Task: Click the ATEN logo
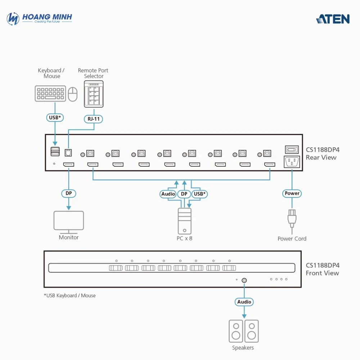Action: (x=333, y=19)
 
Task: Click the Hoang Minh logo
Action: (x=40, y=19)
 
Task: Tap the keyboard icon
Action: (x=50, y=93)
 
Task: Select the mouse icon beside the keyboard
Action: (x=73, y=94)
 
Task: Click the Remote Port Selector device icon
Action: (x=94, y=94)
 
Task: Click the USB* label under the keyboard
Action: (x=55, y=117)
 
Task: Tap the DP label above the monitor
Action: (x=68, y=193)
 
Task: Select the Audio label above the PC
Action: (x=168, y=194)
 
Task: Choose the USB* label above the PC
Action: (x=199, y=194)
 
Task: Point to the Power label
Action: (x=292, y=193)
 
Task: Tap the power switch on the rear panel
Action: (x=292, y=149)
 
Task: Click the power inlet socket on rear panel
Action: (x=292, y=162)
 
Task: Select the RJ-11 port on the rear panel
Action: (x=68, y=153)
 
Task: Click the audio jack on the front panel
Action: (x=244, y=280)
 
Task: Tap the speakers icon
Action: (x=244, y=331)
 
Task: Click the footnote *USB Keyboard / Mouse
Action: (x=70, y=296)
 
